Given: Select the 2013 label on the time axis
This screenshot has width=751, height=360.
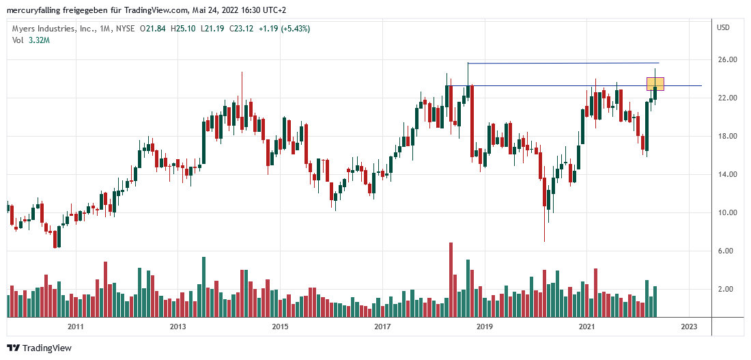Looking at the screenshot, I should tap(178, 327).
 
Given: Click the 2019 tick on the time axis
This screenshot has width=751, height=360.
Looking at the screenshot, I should tap(484, 327).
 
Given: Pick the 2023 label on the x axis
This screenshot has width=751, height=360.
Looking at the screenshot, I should tap(689, 327).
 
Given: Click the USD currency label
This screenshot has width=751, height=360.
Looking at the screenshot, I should tap(723, 27).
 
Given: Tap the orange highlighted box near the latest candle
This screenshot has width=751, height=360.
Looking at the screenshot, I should tap(655, 84).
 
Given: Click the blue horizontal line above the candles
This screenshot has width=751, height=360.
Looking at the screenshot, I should tap(560, 64).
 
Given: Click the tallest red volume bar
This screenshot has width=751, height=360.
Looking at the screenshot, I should tap(451, 279).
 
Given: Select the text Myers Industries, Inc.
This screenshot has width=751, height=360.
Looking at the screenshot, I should tap(52, 29).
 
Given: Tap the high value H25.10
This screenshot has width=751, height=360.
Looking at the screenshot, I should tap(184, 29).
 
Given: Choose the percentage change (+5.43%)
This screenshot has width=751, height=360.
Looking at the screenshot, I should tap(295, 29).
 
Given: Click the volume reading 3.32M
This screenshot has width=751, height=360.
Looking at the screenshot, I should tap(38, 40).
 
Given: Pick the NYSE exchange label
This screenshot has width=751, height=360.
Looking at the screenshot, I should tap(124, 29).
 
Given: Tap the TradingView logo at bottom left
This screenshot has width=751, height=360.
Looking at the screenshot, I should tap(39, 348).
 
